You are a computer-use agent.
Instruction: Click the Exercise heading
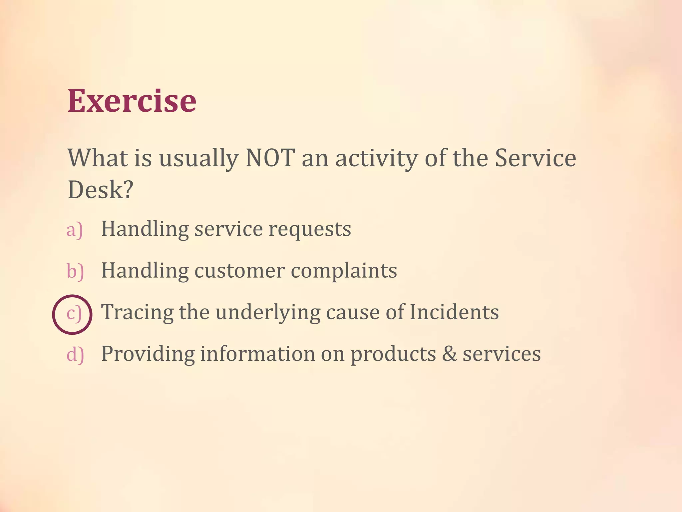click(x=132, y=101)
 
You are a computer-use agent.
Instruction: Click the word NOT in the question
click(x=270, y=158)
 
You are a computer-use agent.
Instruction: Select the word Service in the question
click(x=535, y=158)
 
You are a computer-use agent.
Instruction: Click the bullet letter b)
click(x=75, y=271)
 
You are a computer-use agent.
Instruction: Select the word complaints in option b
click(x=344, y=271)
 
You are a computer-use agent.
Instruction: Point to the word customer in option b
click(x=239, y=271)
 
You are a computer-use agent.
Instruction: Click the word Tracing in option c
click(x=137, y=313)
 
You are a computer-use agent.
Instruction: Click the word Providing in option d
click(x=148, y=354)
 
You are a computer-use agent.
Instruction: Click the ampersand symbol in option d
click(x=449, y=354)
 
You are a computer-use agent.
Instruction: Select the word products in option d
click(x=393, y=354)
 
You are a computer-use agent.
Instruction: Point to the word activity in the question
click(x=376, y=158)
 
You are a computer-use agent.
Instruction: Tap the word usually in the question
click(x=199, y=158)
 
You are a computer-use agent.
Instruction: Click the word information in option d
click(x=257, y=354)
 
